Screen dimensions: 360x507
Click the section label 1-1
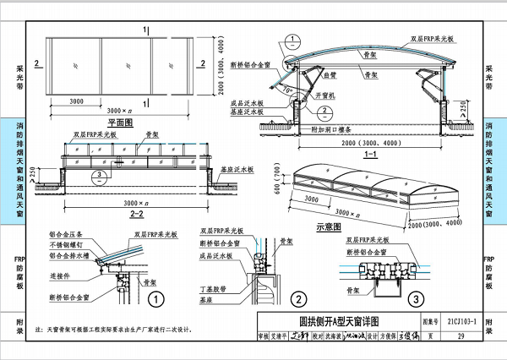pyautogui.click(x=368, y=155)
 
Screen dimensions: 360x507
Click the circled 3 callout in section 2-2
pyautogui.click(x=101, y=175)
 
